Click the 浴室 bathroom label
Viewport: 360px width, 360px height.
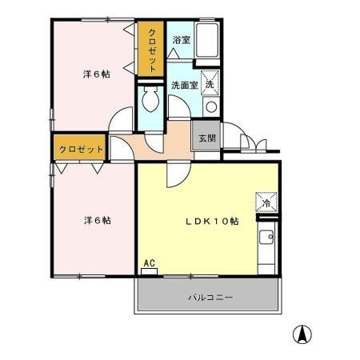pyautogui.click(x=181, y=39)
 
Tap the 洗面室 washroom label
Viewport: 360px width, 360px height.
pyautogui.click(x=183, y=84)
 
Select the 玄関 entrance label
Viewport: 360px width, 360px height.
pyautogui.click(x=206, y=138)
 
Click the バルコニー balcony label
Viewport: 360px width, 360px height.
pyautogui.click(x=210, y=297)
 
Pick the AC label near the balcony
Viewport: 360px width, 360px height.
pyautogui.click(x=148, y=262)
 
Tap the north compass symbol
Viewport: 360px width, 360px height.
pyautogui.click(x=305, y=334)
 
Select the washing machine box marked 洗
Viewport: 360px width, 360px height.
pyautogui.click(x=210, y=83)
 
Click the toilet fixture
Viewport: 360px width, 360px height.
pyautogui.click(x=150, y=101)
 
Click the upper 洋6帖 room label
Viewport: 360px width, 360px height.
pyautogui.click(x=96, y=74)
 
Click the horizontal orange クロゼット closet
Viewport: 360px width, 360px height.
pyautogui.click(x=81, y=149)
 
